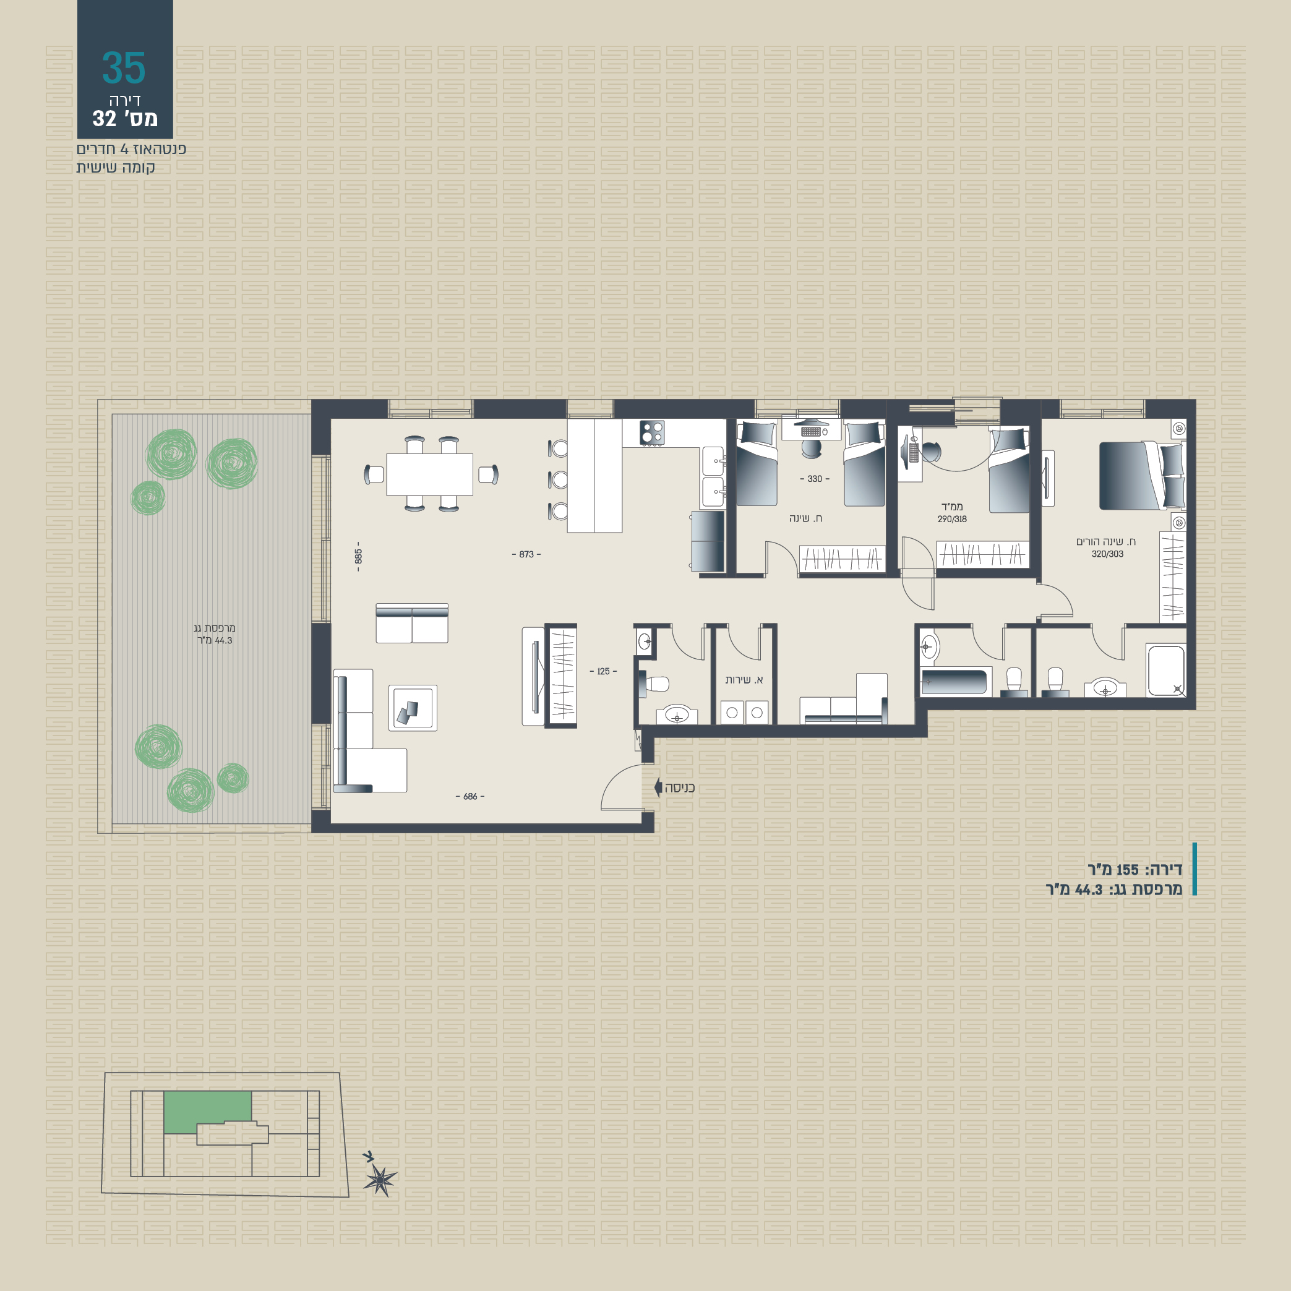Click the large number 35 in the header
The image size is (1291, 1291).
[x=124, y=68]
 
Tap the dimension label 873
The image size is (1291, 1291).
[x=526, y=555]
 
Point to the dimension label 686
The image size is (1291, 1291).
[x=470, y=797]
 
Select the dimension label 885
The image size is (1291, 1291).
[x=359, y=557]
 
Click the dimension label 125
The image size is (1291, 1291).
[x=603, y=672]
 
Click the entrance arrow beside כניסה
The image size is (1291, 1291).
[x=658, y=787]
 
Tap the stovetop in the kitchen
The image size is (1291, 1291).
[x=651, y=433]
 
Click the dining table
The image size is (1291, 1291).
[x=430, y=474]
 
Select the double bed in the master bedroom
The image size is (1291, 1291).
[x=1142, y=475]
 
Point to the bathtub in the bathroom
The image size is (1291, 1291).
[x=953, y=682]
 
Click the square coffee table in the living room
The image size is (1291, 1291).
[x=413, y=708]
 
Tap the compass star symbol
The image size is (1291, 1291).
[x=380, y=1181]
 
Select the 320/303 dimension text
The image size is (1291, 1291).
[x=1107, y=554]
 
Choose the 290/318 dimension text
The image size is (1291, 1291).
[x=951, y=519]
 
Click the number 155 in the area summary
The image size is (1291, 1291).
[x=1127, y=870]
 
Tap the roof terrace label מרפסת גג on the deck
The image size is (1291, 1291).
[x=215, y=628]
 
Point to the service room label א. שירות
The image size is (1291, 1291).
[x=744, y=680]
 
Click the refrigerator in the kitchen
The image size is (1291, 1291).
[x=708, y=542]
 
